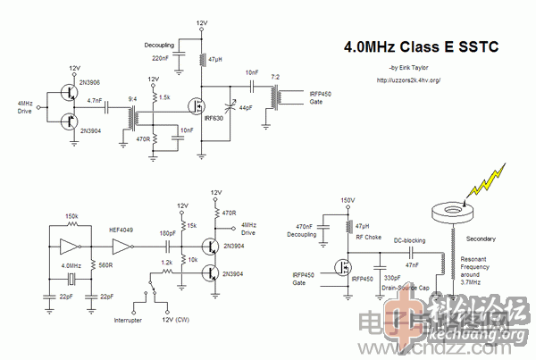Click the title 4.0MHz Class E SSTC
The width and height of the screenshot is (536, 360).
coord(414,49)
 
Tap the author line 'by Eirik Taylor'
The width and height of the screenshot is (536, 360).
coord(410,68)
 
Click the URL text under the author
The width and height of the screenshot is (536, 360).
coord(409,80)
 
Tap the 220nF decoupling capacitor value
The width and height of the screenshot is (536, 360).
coord(162,57)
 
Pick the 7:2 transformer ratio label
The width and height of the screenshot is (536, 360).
coord(286,78)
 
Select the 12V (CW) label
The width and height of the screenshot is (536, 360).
coord(176,319)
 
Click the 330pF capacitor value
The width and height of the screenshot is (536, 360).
coord(393,279)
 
